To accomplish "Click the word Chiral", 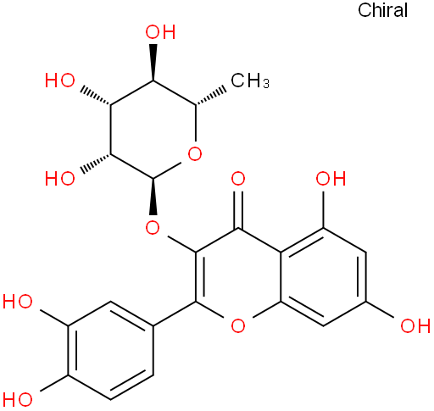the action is tap(382, 10).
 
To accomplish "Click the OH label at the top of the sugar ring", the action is tap(160, 32).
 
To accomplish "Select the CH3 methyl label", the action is tap(250, 81).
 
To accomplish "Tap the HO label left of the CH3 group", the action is tap(60, 81).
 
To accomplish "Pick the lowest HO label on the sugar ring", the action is tap(60, 178).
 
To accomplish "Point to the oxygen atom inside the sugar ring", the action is tap(195, 154).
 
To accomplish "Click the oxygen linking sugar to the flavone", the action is tap(153, 227).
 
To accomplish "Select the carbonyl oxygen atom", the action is tap(238, 179).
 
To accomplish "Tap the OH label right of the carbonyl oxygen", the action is tap(331, 179).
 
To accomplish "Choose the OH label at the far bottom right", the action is tap(415, 325).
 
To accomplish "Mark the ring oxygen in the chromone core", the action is tap(238, 325).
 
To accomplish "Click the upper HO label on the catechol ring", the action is tap(18, 302).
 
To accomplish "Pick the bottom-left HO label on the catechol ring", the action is tap(18, 399).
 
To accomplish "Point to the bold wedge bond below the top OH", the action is tap(153, 62).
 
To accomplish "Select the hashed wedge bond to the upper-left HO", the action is tap(96, 97).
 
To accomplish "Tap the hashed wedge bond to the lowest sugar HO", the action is tap(96, 163).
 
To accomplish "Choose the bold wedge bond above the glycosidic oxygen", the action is tap(153, 197).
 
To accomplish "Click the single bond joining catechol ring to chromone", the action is tap(175, 314).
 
